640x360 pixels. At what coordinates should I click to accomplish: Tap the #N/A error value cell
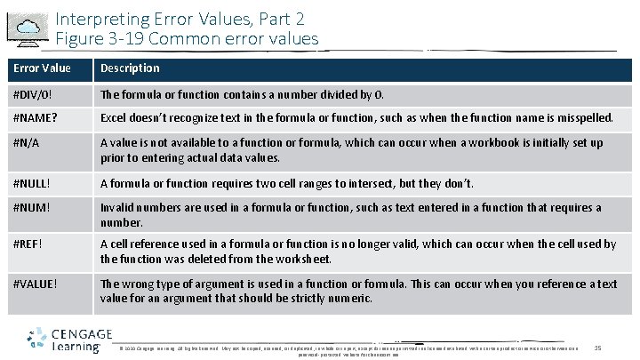(x=26, y=143)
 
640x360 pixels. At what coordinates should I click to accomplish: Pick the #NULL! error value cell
(x=31, y=184)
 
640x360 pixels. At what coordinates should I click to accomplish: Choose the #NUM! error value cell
(x=29, y=208)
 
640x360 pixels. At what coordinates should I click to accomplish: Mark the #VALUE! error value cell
(x=35, y=284)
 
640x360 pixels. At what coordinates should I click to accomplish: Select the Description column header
(x=130, y=68)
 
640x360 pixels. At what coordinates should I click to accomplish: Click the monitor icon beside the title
(x=28, y=28)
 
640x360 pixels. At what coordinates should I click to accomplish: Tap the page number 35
(x=597, y=347)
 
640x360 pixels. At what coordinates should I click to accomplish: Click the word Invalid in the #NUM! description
(x=117, y=208)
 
